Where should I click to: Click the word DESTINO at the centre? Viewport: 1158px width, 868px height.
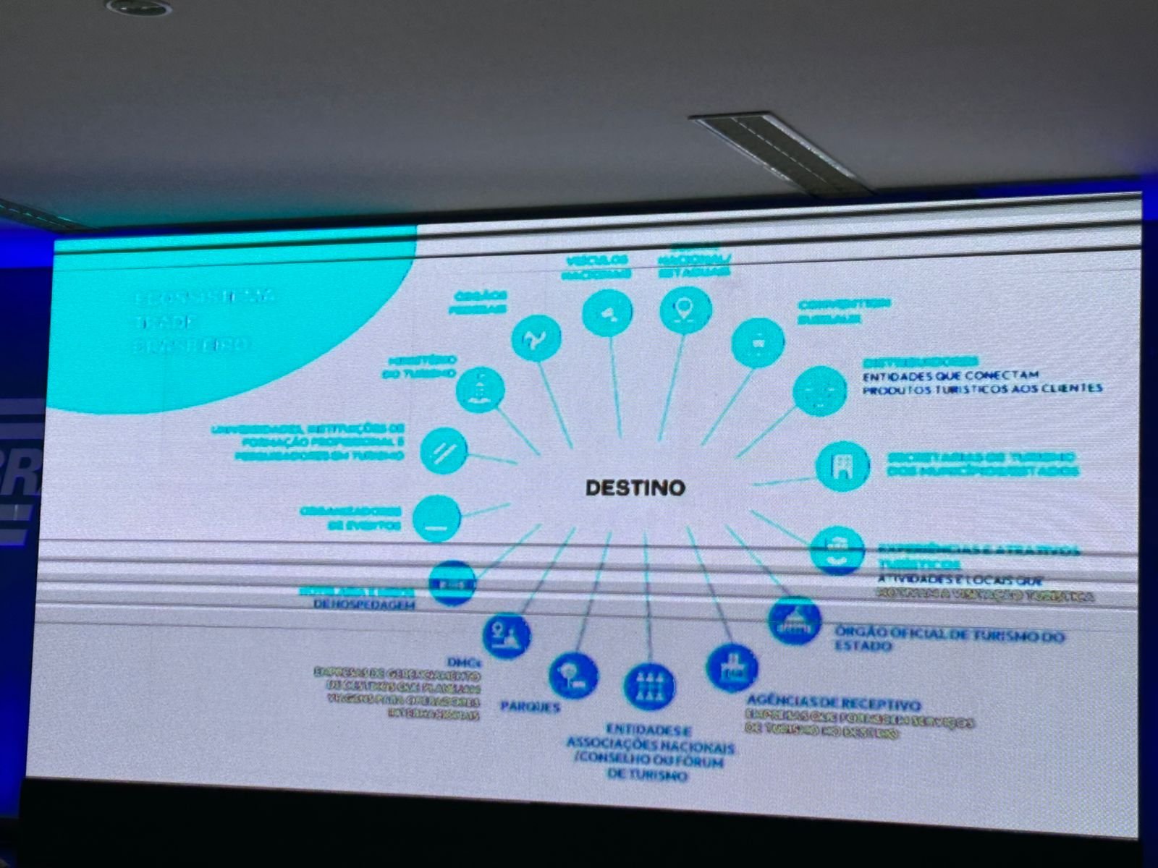coord(635,488)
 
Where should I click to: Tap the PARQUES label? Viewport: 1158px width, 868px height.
coord(530,707)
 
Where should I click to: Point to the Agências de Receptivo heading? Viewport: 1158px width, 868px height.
coord(834,702)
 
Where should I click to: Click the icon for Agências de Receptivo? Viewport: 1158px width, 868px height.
coord(732,668)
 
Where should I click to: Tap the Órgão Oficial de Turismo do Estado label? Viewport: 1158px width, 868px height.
coord(950,639)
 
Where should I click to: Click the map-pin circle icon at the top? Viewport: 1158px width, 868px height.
coord(685,310)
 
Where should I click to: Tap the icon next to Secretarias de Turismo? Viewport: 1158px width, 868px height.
coord(842,467)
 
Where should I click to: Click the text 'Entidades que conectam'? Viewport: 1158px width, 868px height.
coord(950,375)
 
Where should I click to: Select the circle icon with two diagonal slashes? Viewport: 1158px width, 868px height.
coord(443,451)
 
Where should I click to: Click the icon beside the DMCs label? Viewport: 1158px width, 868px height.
coord(506,636)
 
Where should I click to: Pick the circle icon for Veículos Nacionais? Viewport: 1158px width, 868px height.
coord(607,312)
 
